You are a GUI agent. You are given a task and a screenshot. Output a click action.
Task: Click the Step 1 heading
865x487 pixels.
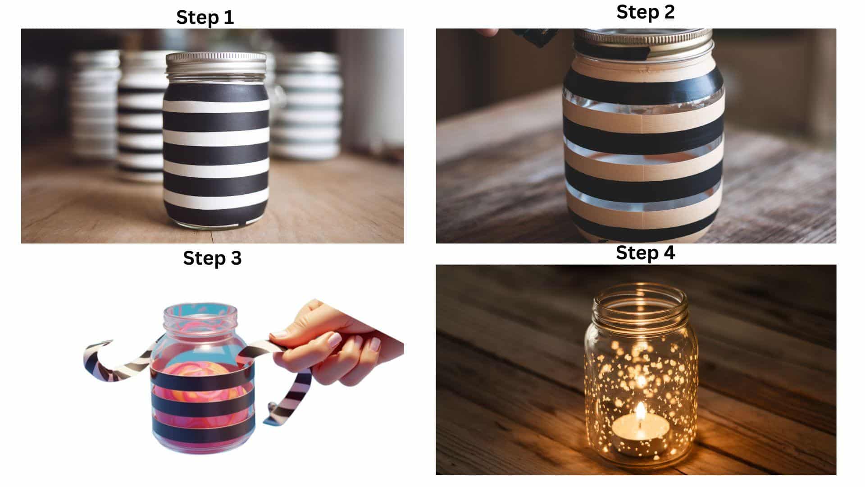point(205,17)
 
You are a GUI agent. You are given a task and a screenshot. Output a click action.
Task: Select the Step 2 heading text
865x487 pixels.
point(645,12)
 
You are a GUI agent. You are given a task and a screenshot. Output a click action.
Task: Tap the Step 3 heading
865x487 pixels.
point(212,258)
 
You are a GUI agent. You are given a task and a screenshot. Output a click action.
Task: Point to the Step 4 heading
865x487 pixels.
point(645,253)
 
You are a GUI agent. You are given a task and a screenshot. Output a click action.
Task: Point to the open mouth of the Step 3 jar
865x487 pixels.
point(200,311)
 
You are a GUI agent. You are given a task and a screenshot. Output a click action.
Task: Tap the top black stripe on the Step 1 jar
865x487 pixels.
point(216,93)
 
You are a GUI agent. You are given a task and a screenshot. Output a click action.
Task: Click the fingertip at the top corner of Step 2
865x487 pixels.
point(488,32)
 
